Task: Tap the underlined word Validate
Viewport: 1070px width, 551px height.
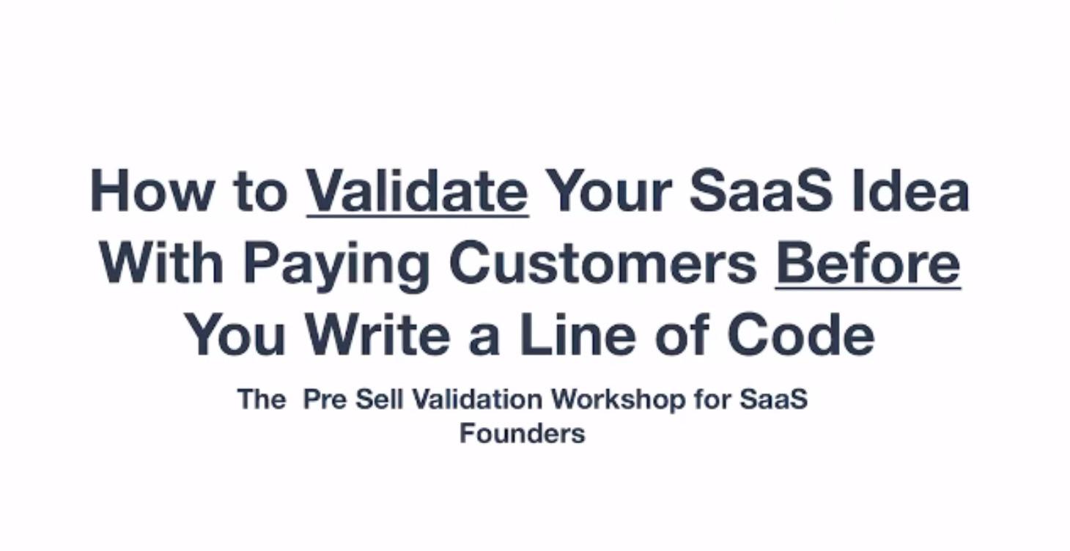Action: pyautogui.click(x=417, y=191)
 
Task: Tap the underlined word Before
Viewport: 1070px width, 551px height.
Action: pyautogui.click(x=868, y=262)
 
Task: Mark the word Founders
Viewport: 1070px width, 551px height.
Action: pyautogui.click(x=522, y=433)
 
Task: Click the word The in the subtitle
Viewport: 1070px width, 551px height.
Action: pyautogui.click(x=261, y=399)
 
